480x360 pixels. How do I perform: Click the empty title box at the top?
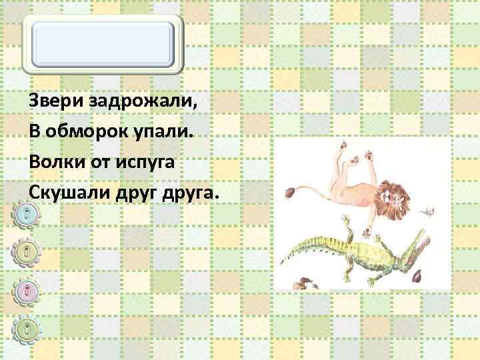(x=105, y=43)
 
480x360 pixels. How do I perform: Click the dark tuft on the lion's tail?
(x=292, y=194)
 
